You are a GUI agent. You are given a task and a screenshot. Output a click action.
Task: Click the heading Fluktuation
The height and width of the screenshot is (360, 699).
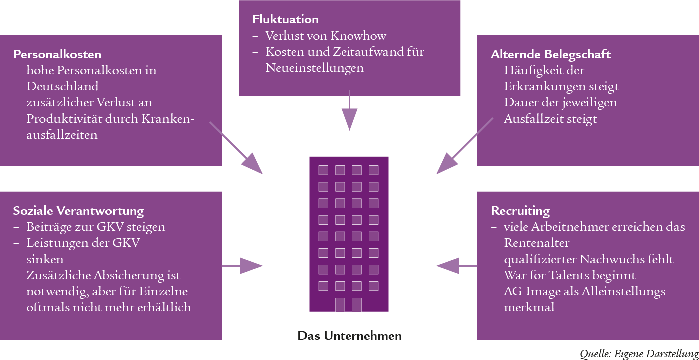285,20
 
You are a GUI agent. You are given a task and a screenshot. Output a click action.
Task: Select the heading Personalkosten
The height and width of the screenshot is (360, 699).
57,54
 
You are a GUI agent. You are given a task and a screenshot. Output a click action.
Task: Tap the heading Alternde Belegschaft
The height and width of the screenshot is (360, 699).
551,54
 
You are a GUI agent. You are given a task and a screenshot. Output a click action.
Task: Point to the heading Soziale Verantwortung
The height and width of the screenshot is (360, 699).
78,211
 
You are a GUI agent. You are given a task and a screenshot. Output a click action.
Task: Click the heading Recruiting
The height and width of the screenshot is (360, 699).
520,211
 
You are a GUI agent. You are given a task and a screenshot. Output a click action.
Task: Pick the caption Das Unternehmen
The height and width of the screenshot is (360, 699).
349,336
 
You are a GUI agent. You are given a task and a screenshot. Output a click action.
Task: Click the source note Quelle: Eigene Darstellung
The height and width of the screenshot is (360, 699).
639,354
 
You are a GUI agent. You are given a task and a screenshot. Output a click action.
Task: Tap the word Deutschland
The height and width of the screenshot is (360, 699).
62,86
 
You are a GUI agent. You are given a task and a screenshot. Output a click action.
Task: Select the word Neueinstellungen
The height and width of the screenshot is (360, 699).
315,68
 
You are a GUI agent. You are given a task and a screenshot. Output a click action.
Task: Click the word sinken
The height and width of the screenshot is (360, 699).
45,260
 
